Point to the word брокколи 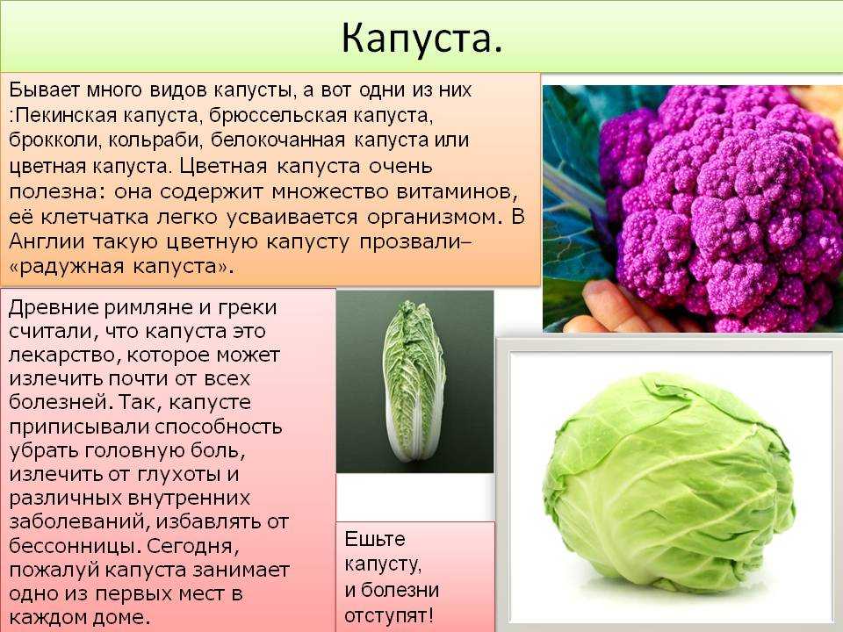(x=54, y=140)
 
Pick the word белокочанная (x=277, y=140)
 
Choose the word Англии (x=47, y=241)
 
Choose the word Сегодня (x=192, y=546)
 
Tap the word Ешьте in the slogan (x=375, y=539)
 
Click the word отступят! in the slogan (x=389, y=616)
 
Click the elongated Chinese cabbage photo (x=414, y=382)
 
